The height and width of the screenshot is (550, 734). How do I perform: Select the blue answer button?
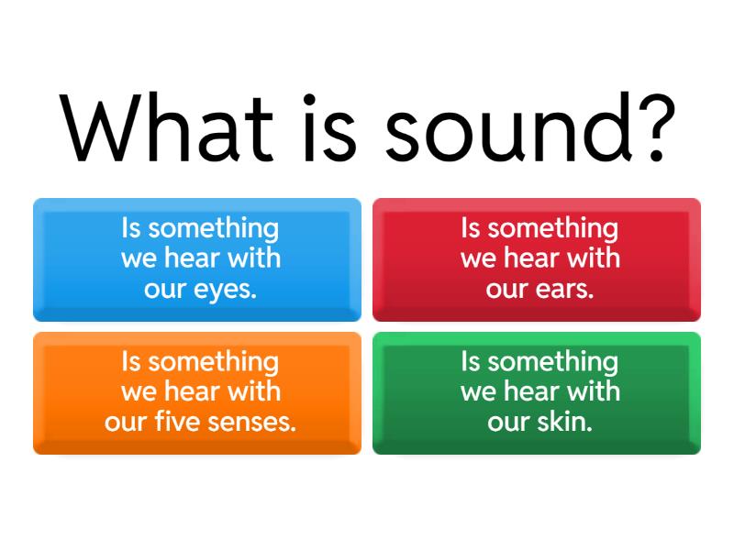(x=197, y=259)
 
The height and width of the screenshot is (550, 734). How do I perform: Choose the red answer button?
(x=537, y=259)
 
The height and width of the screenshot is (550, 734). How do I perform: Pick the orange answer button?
(x=197, y=393)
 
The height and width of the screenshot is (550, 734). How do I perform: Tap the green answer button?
(x=537, y=393)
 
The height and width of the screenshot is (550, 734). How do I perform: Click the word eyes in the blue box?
(x=227, y=290)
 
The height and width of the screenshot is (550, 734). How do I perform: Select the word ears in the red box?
(x=564, y=290)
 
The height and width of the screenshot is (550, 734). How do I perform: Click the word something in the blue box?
(x=214, y=228)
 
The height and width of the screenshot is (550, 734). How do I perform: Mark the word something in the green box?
(x=553, y=362)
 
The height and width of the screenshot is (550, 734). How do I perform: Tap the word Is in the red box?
(x=471, y=228)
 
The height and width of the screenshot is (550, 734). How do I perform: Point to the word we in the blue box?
(x=139, y=258)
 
